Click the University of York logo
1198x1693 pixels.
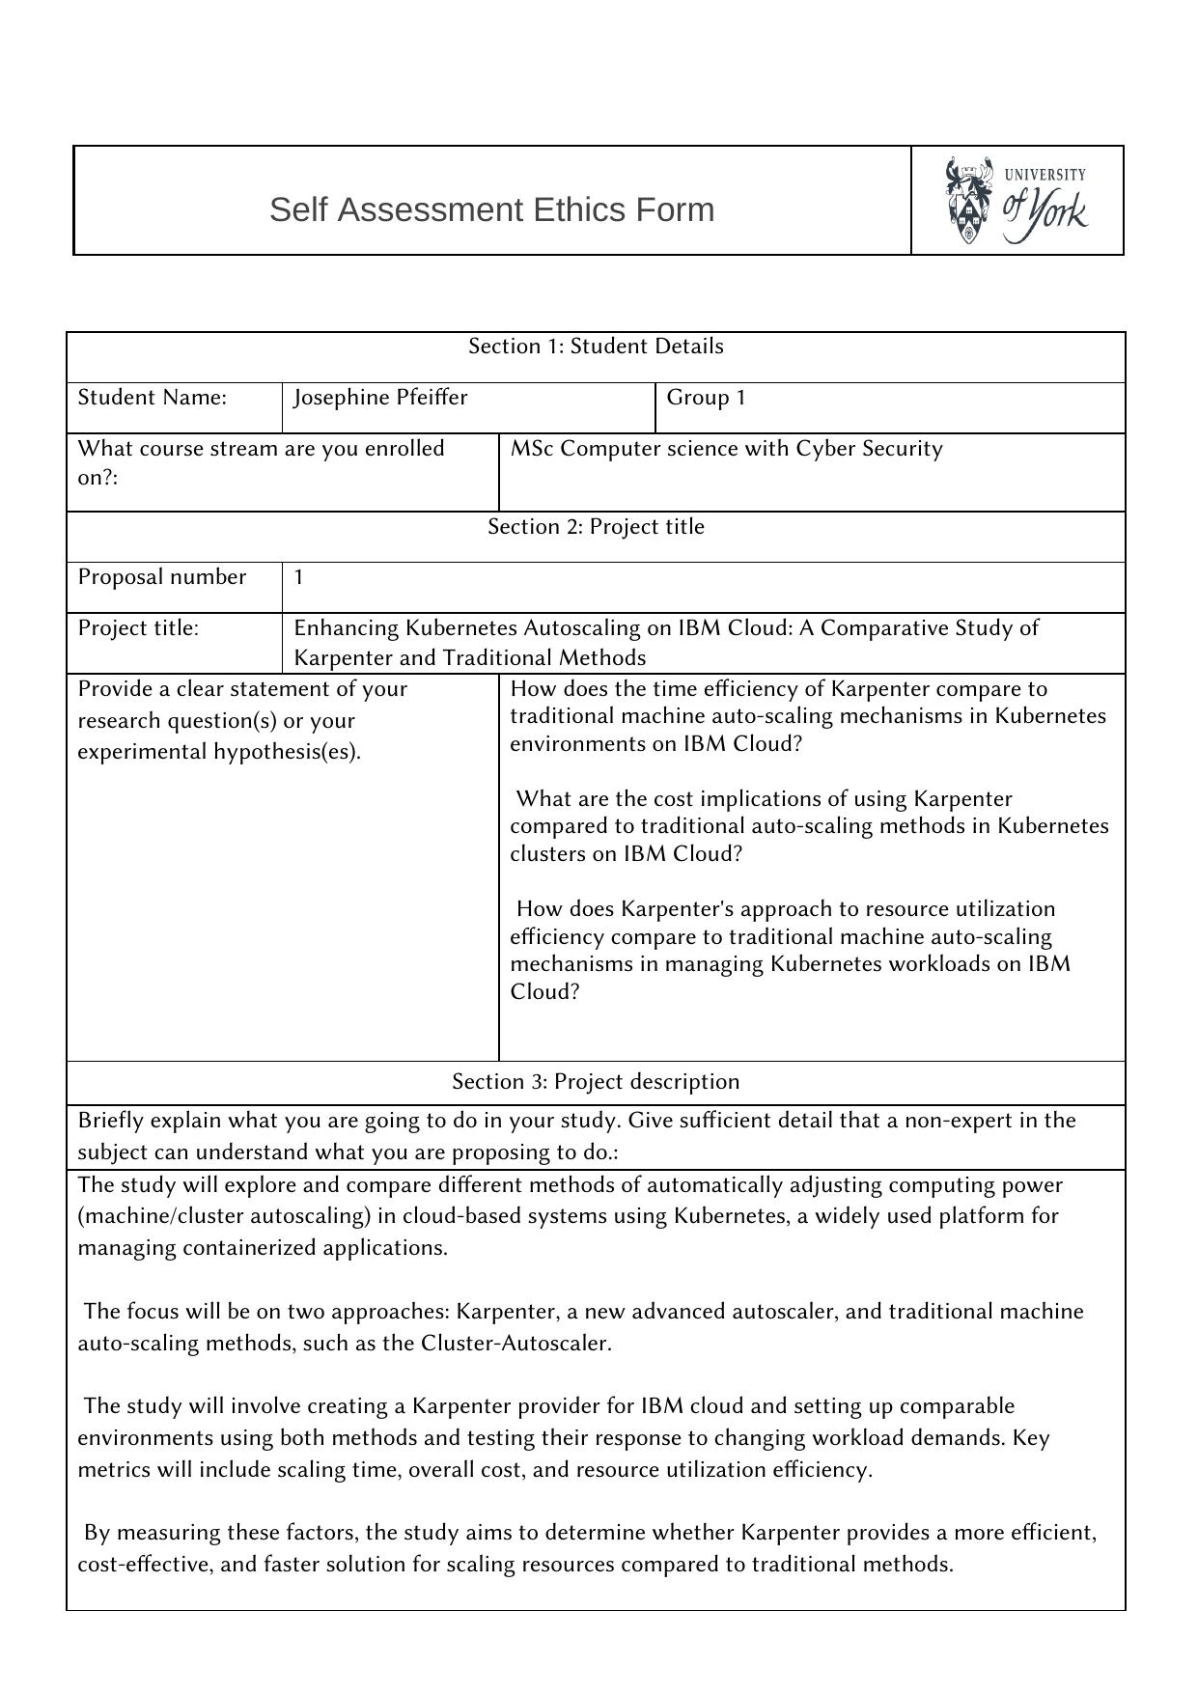(1016, 201)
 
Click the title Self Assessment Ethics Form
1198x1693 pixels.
(491, 209)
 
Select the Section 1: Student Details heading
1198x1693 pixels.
(596, 347)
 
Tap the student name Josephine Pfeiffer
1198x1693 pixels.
(380, 398)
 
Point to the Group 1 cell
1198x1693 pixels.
(706, 398)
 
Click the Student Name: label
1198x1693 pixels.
(152, 398)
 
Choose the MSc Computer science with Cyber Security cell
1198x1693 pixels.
(726, 449)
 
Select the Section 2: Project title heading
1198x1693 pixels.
(596, 527)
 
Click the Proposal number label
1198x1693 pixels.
(161, 577)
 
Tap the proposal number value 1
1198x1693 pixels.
(299, 578)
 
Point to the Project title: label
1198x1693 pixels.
(138, 628)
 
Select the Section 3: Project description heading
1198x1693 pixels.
(596, 1082)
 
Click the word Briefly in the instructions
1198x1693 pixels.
(110, 1121)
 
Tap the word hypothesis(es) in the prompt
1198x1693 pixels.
(297, 752)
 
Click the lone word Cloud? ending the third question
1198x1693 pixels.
(544, 992)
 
